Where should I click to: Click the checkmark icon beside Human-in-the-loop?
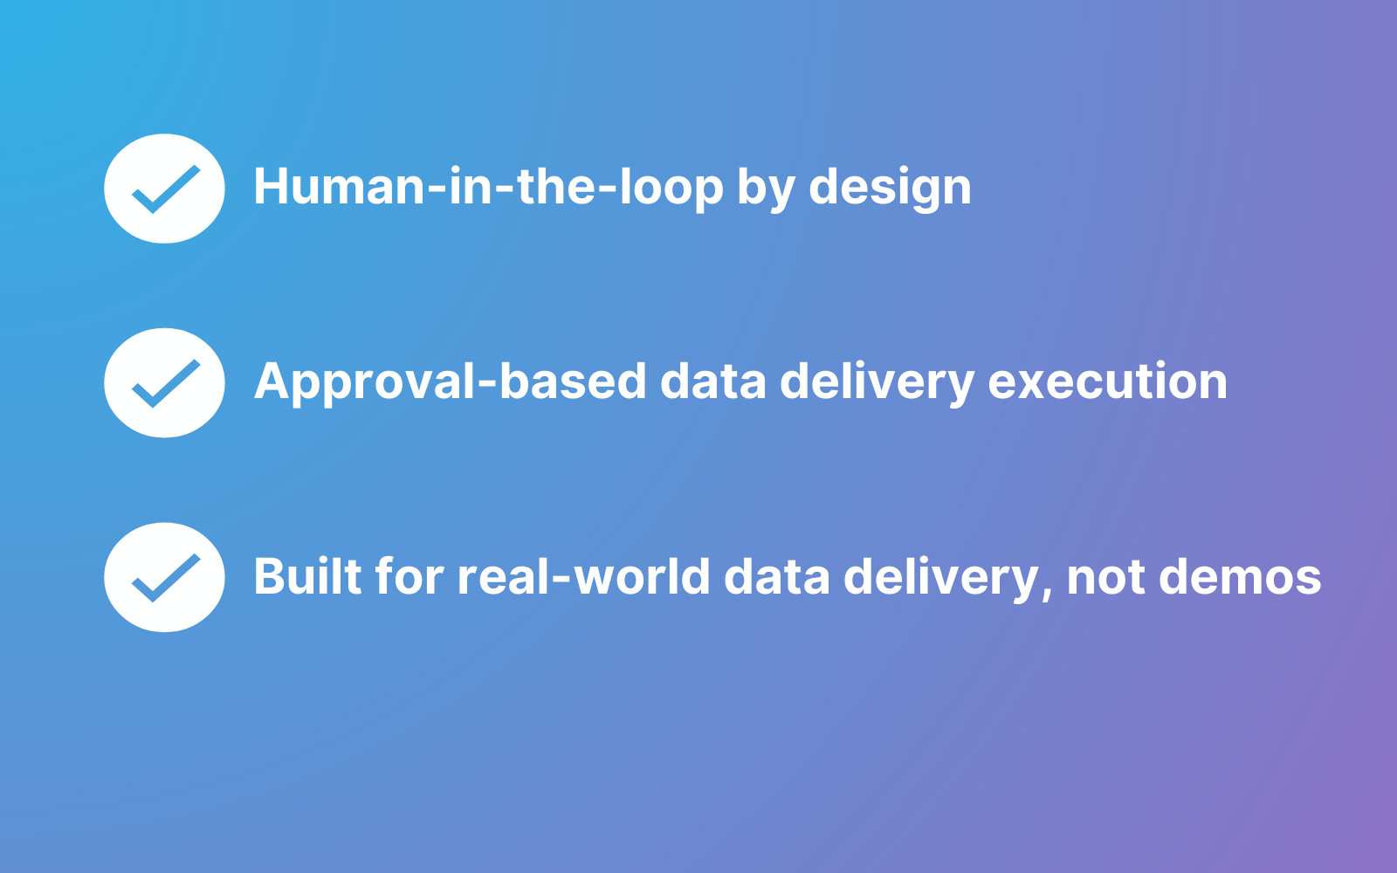click(165, 189)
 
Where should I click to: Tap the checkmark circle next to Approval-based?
click(165, 383)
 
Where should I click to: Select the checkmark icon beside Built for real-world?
click(165, 577)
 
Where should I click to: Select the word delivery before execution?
click(877, 382)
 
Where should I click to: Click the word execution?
click(1108, 381)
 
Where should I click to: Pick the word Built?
click(308, 576)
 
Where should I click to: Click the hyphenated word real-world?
click(584, 576)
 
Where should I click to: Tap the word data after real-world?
click(776, 576)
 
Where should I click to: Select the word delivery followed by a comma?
click(940, 577)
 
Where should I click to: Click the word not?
click(1105, 577)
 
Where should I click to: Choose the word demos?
click(1240, 576)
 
